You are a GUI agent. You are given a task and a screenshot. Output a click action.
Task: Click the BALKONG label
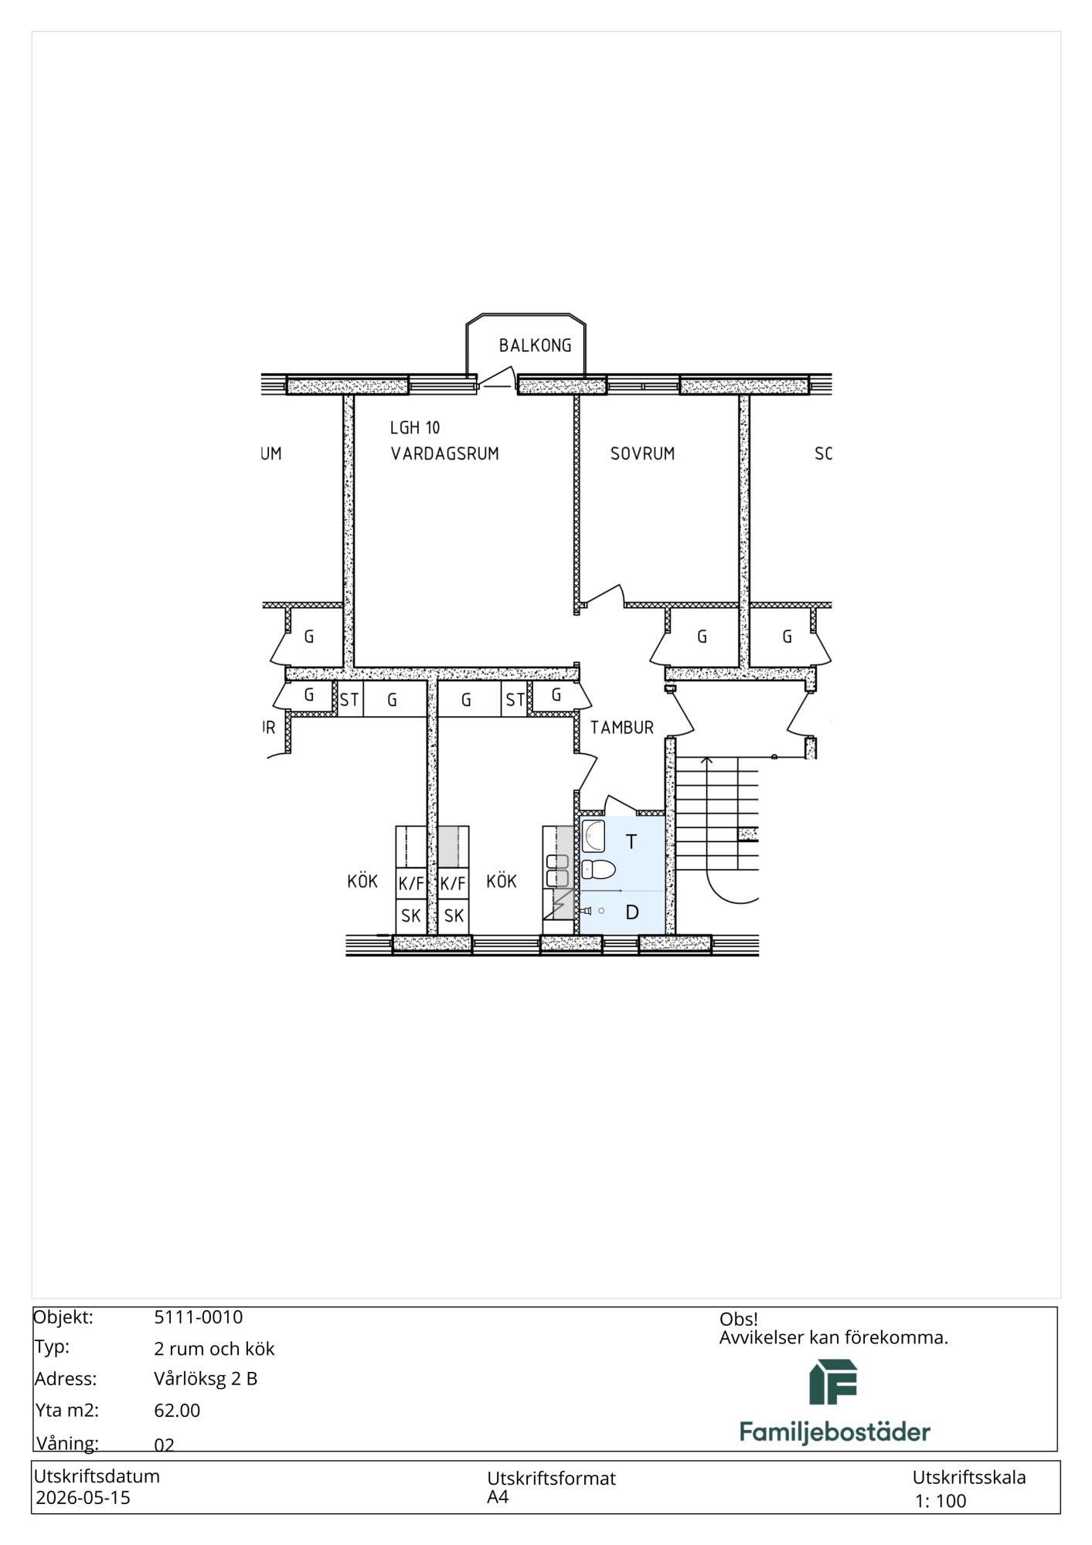coord(535,345)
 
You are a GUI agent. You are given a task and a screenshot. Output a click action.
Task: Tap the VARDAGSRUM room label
coord(444,453)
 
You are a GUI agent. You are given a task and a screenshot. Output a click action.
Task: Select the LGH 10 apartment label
coord(415,427)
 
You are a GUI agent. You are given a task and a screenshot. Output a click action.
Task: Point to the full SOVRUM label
coord(642,453)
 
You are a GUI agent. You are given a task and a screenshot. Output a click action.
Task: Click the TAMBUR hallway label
coord(622,727)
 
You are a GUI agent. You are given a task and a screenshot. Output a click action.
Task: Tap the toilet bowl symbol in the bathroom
coord(598,870)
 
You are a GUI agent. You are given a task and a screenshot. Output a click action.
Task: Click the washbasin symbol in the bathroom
coord(594,834)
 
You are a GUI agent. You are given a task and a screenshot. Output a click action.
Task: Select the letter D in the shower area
coord(632,912)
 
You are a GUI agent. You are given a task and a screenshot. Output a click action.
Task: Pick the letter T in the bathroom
coord(631,841)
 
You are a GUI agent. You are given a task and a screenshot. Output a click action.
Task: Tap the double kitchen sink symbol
coord(557,871)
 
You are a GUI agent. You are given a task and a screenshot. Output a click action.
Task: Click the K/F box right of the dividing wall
coord(454,882)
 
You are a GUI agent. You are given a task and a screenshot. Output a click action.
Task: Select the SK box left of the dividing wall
coord(411,915)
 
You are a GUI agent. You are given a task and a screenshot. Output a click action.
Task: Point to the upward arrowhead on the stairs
coord(706,761)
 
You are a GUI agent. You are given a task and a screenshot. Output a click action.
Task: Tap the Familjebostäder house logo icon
coord(833,1383)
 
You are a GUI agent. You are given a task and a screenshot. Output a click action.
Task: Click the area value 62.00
coord(177,1411)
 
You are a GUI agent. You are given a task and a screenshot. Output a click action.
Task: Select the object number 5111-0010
coord(199,1317)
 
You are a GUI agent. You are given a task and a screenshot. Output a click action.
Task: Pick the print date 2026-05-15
coord(83,1498)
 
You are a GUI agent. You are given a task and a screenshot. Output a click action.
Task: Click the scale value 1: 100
coord(941,1501)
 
